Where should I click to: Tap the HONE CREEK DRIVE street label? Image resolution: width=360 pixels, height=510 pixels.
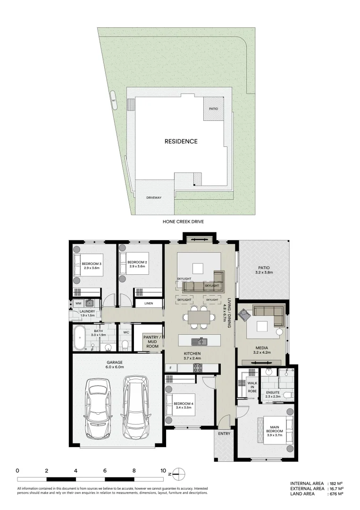click(183, 221)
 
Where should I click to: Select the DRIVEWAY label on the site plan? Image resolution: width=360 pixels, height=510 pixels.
click(154, 197)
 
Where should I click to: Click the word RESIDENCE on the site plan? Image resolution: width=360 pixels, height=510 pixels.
click(181, 141)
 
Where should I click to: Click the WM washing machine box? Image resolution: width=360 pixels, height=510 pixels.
click(78, 303)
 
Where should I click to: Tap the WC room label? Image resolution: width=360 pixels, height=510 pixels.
click(126, 332)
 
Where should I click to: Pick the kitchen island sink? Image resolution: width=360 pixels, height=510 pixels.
click(198, 340)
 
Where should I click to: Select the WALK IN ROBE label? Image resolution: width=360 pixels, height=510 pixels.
click(252, 388)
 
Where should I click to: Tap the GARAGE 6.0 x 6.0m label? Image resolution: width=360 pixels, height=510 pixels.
click(115, 365)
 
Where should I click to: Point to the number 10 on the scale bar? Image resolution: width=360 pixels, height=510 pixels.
click(163, 471)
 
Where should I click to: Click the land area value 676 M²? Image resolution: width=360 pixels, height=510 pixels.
click(335, 494)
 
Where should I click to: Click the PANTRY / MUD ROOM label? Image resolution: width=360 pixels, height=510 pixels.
click(152, 341)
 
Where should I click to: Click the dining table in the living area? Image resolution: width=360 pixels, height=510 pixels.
click(198, 317)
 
